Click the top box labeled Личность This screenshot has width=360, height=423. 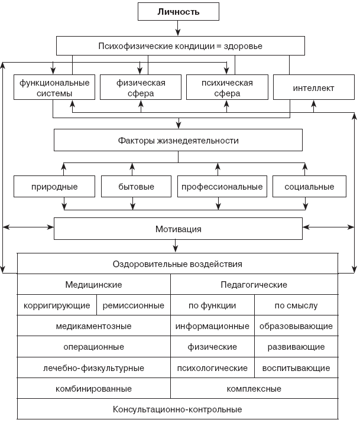(178, 12)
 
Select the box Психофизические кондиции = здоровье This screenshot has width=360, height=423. (180, 45)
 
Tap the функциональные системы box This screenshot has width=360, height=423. (54, 88)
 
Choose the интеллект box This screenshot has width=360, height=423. (313, 88)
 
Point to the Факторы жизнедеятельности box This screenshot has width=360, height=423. (178, 141)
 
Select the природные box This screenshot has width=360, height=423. (54, 187)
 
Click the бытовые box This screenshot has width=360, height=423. (136, 187)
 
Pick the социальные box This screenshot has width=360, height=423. (309, 187)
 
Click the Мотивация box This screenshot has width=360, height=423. (178, 228)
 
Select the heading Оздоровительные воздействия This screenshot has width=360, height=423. (177, 264)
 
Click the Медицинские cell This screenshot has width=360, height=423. (93, 285)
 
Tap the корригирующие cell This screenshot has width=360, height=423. (57, 305)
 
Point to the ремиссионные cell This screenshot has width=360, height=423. (133, 305)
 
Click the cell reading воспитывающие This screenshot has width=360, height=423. (296, 368)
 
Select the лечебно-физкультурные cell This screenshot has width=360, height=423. (93, 368)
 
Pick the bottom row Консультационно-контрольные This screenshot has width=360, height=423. (177, 409)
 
